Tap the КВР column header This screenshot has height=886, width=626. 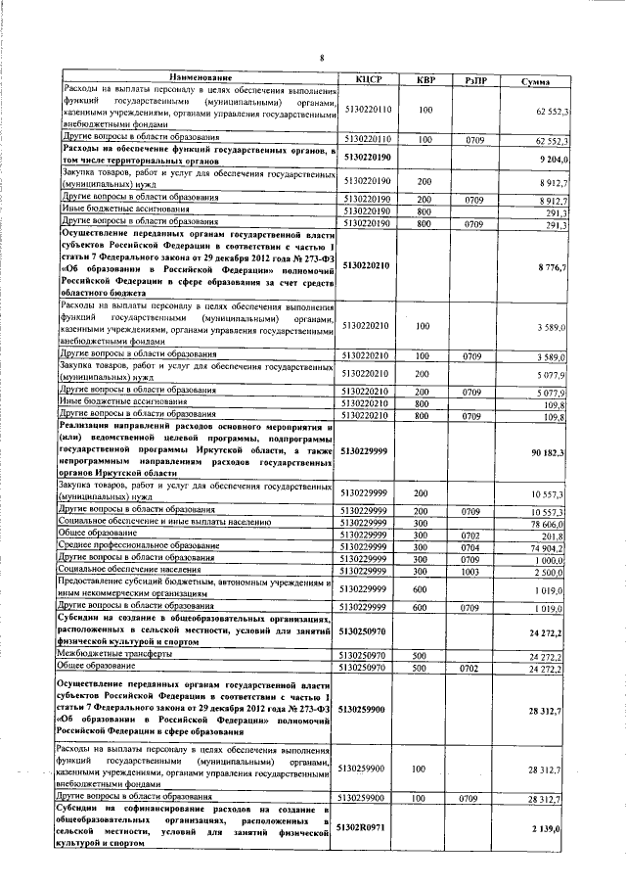tap(425, 78)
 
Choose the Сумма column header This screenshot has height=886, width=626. tap(538, 80)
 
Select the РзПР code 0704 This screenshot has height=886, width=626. tap(475, 548)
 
